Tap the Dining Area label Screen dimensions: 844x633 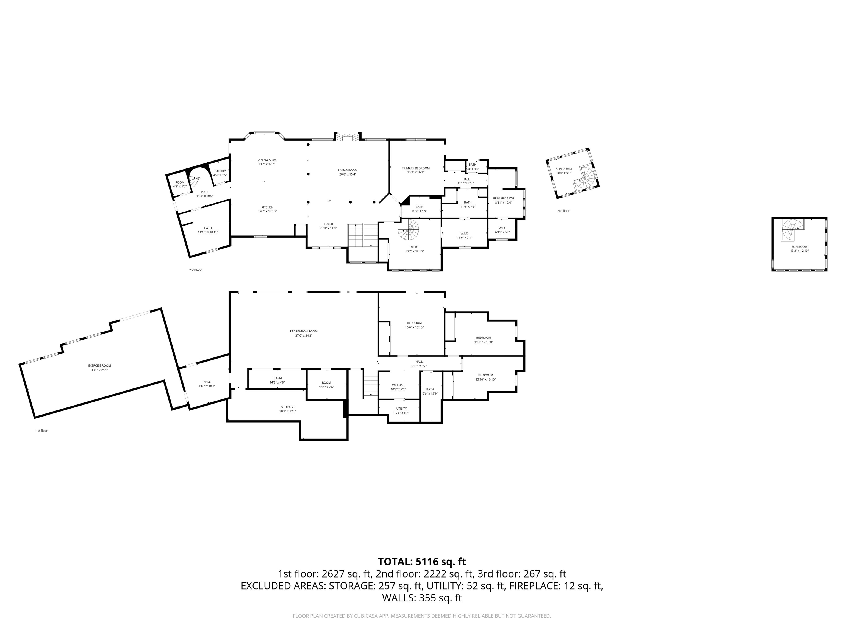pyautogui.click(x=267, y=162)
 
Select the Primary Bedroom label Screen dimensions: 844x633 pyautogui.click(x=415, y=170)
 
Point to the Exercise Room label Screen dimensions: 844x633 pyautogui.click(x=99, y=367)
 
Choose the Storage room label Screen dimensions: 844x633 pyautogui.click(x=288, y=409)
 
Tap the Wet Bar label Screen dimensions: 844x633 pyautogui.click(x=398, y=387)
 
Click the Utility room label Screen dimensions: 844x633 pyautogui.click(x=401, y=410)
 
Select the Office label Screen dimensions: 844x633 pyautogui.click(x=414, y=249)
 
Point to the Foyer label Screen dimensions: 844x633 pyautogui.click(x=328, y=226)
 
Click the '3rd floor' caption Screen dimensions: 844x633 pyautogui.click(x=563, y=211)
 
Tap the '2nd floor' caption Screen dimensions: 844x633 pyautogui.click(x=195, y=270)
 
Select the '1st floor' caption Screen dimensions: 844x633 pyautogui.click(x=41, y=431)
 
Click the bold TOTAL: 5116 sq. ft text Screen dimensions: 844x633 pyautogui.click(x=422, y=562)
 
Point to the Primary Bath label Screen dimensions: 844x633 pyautogui.click(x=503, y=200)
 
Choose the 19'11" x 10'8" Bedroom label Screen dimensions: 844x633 pyautogui.click(x=484, y=340)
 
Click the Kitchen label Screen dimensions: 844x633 pyautogui.click(x=267, y=209)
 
